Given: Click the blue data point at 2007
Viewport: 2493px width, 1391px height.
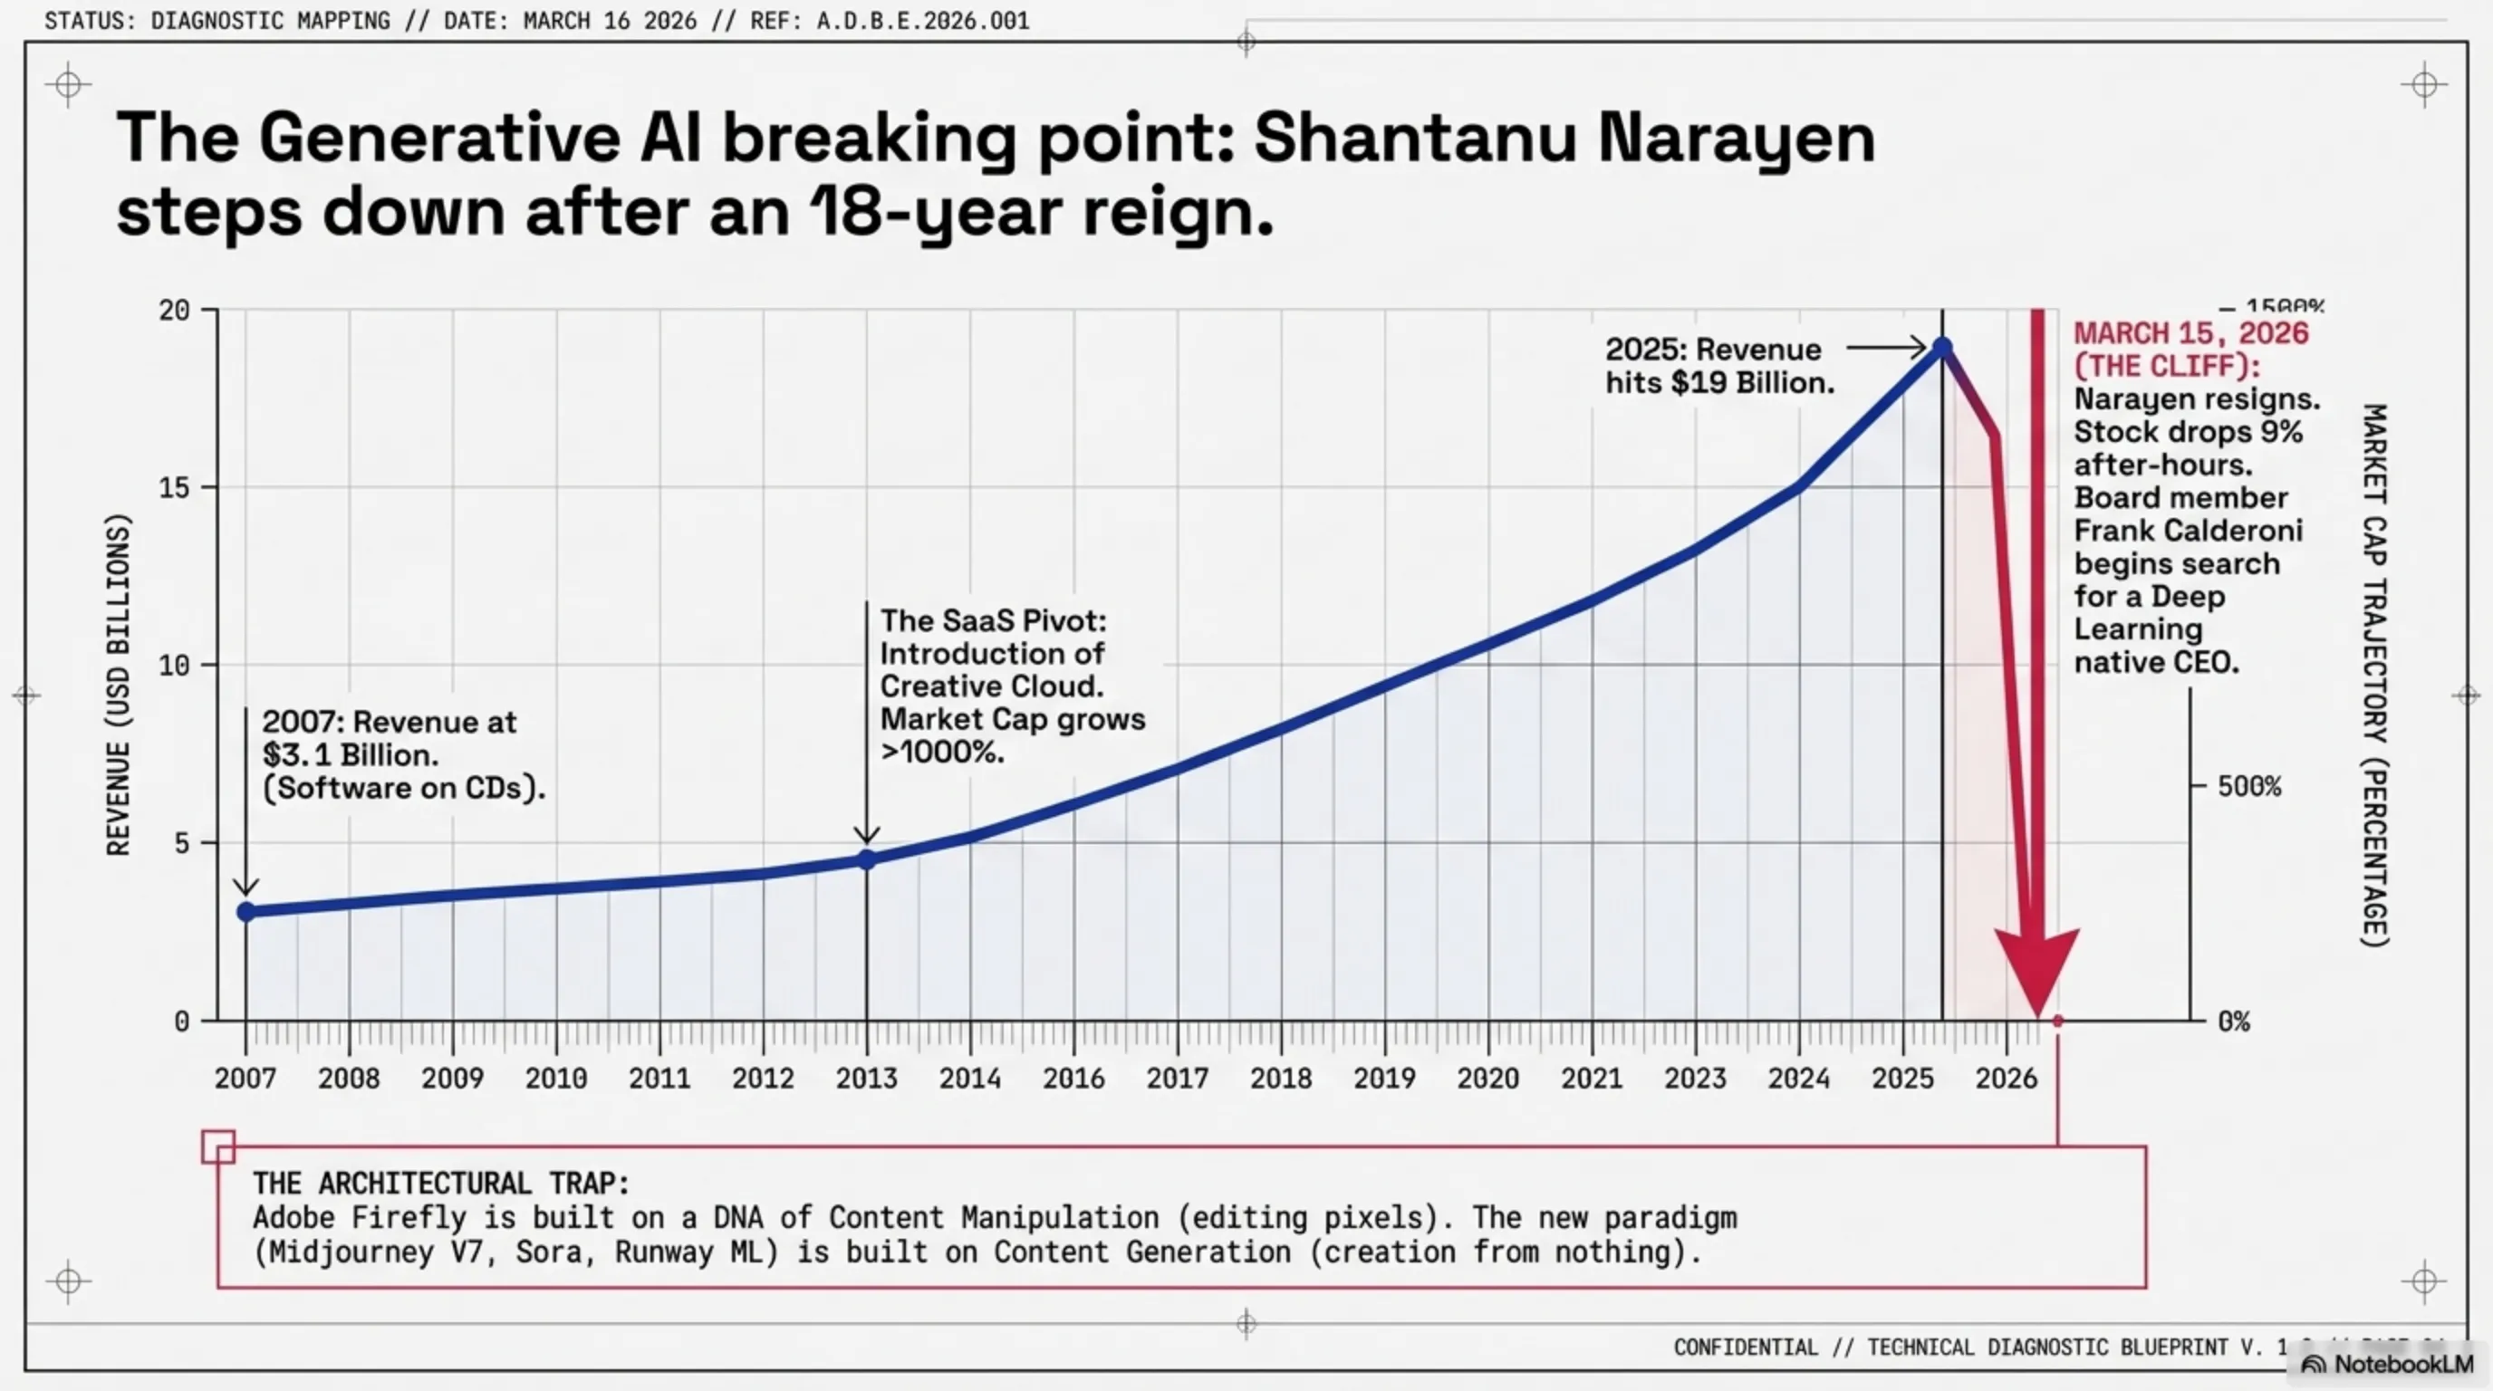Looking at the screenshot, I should [x=246, y=911].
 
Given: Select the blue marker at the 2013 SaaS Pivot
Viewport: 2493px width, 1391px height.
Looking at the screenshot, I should [x=867, y=859].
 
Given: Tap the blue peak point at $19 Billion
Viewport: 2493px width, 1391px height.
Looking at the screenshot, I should [x=1941, y=347].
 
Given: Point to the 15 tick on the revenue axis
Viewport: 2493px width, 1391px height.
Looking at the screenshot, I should [x=174, y=487].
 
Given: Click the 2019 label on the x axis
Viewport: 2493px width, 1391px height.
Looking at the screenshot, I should [x=1384, y=1078].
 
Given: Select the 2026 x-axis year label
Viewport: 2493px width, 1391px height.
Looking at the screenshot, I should [x=2007, y=1078].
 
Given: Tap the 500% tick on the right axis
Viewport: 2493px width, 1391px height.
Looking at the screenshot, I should [x=2248, y=786].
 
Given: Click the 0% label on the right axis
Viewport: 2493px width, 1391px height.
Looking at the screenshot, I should [x=2234, y=1022].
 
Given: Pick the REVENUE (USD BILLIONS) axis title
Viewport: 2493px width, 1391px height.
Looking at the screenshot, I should [x=118, y=685].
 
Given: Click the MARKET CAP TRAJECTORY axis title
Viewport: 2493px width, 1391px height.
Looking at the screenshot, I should [x=2375, y=676].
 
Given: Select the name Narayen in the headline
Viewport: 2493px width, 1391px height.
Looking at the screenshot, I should [x=1737, y=139].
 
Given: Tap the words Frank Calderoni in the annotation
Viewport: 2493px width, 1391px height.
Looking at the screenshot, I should [x=2188, y=531].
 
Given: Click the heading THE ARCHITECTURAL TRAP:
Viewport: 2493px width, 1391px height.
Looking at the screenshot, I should [x=441, y=1183].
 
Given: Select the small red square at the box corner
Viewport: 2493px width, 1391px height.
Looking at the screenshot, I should [x=217, y=1147].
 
